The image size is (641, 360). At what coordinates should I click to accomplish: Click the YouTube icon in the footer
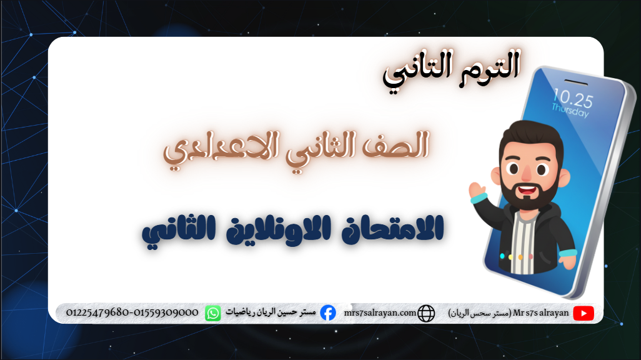pos(583,313)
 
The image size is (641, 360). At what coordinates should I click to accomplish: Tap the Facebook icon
pos(327,312)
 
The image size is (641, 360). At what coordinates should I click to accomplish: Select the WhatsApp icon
pos(213,312)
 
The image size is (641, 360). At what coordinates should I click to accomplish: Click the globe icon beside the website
pos(426,313)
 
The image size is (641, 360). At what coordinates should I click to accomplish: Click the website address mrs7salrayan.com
pos(380,312)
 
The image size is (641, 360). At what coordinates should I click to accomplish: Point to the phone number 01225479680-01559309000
pos(132,312)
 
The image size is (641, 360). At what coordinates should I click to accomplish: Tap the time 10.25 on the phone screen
pos(572,98)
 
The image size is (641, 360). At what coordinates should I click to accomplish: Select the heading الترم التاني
pos(451,69)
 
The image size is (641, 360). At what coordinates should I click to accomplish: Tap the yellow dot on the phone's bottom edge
pos(512,256)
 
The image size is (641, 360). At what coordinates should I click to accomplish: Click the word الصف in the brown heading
pos(399,147)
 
